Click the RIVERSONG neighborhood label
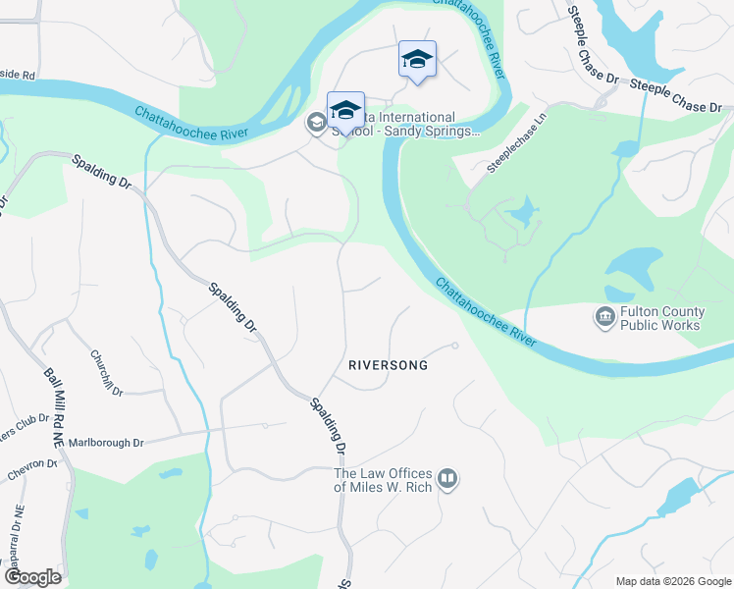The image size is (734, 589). pyautogui.click(x=389, y=365)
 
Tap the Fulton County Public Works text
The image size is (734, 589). pyautogui.click(x=661, y=319)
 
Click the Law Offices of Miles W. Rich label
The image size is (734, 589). pyautogui.click(x=384, y=480)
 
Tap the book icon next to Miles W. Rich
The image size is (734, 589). pyautogui.click(x=448, y=479)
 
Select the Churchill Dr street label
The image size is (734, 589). pyautogui.click(x=106, y=373)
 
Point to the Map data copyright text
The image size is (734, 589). pyautogui.click(x=671, y=581)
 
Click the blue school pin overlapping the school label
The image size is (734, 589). pyautogui.click(x=345, y=109)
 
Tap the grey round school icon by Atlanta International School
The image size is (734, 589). pyautogui.click(x=316, y=123)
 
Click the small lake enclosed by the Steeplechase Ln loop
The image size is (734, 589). pyautogui.click(x=524, y=211)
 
